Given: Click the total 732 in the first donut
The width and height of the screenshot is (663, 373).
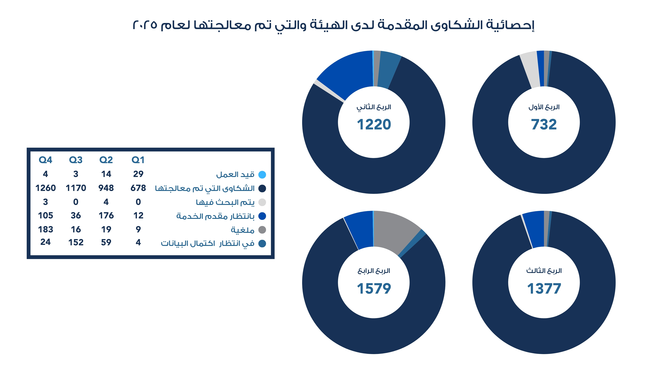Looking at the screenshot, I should (544, 125).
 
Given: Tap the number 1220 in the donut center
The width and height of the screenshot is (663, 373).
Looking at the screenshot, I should (374, 125).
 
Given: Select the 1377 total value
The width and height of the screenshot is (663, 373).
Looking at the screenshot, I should (544, 289).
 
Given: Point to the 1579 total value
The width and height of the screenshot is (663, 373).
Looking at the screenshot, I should (374, 289).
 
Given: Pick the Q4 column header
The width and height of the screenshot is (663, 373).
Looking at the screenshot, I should (45, 160).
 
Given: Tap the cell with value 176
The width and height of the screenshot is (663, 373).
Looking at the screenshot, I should (106, 216).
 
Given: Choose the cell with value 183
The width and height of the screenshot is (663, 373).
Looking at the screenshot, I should (46, 229).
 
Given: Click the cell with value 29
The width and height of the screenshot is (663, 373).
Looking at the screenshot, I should (138, 174).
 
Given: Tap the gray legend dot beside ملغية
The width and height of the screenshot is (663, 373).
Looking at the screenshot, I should (262, 230).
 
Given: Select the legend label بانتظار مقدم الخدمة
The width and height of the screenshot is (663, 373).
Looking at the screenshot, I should (215, 216).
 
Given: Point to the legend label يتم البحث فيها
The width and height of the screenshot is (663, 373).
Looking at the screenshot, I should (225, 202).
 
